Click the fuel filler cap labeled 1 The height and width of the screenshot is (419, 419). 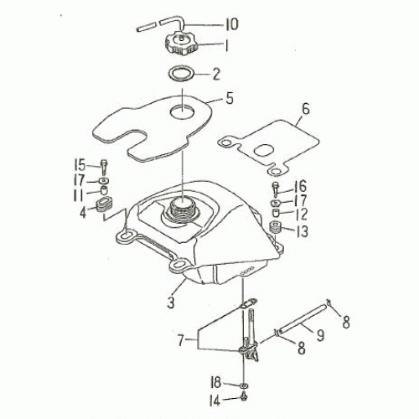point(181,44)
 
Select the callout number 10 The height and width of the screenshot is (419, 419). point(230,23)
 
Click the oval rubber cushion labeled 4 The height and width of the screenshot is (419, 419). point(103,204)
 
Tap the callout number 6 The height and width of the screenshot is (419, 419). point(306,109)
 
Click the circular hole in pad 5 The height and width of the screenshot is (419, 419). point(182,111)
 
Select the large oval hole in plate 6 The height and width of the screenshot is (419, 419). point(265,152)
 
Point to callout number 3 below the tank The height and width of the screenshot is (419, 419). point(171,303)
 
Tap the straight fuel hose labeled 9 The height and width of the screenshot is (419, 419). point(302,317)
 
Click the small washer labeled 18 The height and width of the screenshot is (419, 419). point(244,385)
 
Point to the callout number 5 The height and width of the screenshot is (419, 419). point(230,98)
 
